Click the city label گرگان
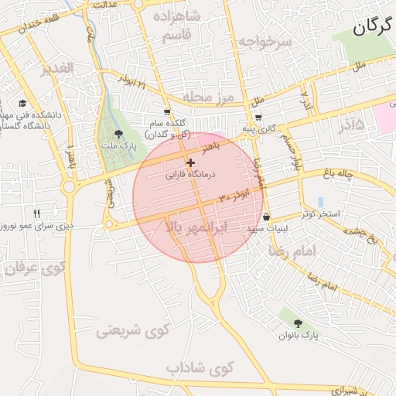374,29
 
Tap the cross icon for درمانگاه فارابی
191,162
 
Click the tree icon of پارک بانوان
299,323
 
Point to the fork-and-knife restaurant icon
36,213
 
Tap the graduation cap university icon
22,103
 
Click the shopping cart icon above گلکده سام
168,111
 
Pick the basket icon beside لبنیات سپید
267,217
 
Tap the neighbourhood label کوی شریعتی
132,332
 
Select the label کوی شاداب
200,367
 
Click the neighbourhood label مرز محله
208,97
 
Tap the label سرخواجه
265,42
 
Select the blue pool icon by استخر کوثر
320,202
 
